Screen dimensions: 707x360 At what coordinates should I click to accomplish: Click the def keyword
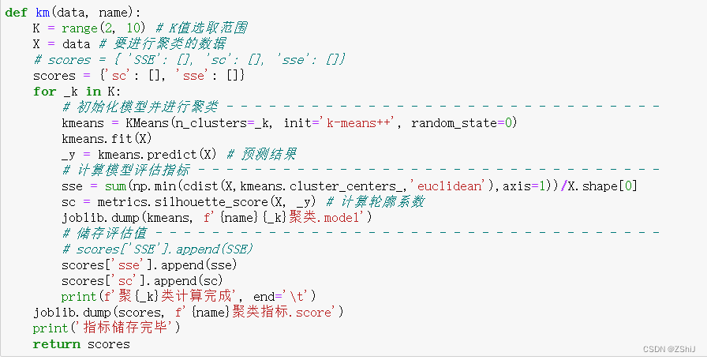coord(16,13)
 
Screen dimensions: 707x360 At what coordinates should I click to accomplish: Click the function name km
coord(43,13)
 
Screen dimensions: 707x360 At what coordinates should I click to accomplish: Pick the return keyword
coord(56,344)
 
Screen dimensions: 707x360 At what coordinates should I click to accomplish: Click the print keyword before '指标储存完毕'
coord(50,328)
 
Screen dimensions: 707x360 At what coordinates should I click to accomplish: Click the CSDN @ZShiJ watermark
coord(669,348)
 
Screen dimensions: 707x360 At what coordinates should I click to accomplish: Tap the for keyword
coord(44,92)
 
